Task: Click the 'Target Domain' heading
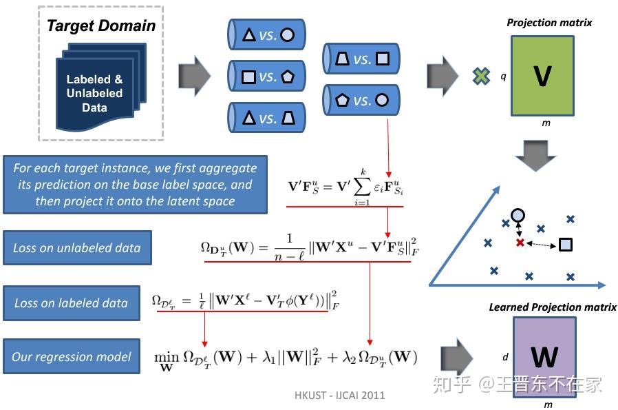[x=100, y=26]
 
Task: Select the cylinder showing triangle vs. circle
[x=266, y=34]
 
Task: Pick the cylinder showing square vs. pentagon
[x=266, y=76]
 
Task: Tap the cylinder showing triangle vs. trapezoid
[x=266, y=118]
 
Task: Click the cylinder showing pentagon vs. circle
[x=361, y=100]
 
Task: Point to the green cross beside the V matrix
[x=481, y=76]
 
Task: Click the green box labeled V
[x=542, y=76]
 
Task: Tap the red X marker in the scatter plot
[x=520, y=243]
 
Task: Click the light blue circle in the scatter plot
[x=518, y=215]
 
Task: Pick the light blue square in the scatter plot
[x=565, y=244]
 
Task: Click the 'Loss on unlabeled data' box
[x=76, y=248]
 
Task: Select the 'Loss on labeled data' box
[x=71, y=303]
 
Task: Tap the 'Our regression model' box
[x=72, y=357]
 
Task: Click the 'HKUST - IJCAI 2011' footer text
[x=340, y=395]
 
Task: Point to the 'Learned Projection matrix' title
[x=553, y=307]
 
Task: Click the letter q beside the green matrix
[x=503, y=77]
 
